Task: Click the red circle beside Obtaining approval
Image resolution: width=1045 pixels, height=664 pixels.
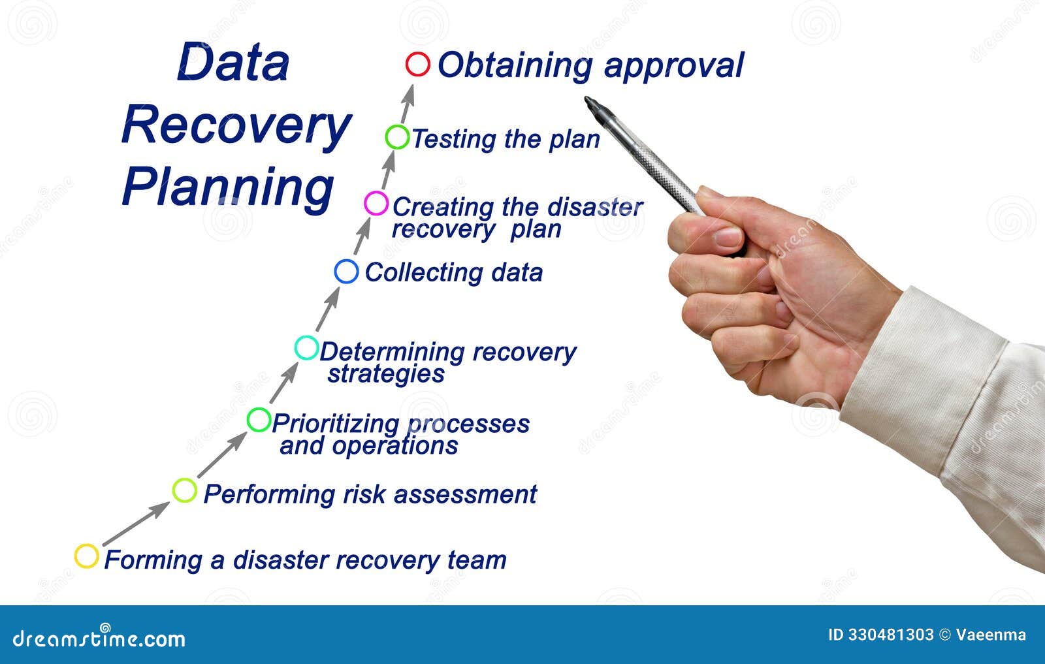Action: click(417, 65)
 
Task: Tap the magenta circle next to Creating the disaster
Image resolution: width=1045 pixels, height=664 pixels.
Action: click(376, 204)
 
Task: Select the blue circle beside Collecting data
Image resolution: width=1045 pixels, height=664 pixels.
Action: click(346, 271)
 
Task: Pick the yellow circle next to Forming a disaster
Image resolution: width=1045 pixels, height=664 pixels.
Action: click(86, 556)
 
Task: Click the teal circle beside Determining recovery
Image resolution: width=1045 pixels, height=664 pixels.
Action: click(306, 348)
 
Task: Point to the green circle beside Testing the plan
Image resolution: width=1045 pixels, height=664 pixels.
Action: click(396, 137)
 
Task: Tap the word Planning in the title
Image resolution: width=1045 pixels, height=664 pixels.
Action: click(228, 187)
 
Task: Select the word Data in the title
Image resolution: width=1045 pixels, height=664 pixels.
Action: click(233, 63)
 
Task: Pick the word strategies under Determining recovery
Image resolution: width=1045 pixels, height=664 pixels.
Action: click(386, 374)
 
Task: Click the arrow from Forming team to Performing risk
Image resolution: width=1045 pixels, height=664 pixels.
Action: click(136, 524)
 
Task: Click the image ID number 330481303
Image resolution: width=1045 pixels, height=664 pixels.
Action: click(890, 635)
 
